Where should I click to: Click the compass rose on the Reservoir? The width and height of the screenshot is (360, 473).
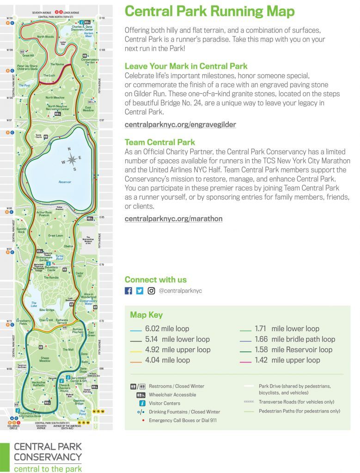pos(72,160)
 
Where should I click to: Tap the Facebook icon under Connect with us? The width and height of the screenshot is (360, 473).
pos(128,291)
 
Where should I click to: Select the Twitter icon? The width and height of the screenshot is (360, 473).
pos(140,291)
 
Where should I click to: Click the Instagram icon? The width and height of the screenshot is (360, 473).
pos(152,291)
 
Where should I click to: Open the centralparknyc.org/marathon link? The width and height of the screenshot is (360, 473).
pos(173,218)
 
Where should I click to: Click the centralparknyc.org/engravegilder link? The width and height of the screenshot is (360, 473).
pos(180,124)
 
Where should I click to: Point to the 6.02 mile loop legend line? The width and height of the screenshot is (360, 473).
pos(136,329)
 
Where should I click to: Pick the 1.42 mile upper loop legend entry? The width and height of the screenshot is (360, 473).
pos(287,360)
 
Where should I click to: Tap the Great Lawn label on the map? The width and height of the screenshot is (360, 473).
pos(55,236)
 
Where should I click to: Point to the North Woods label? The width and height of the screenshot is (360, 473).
pos(45,36)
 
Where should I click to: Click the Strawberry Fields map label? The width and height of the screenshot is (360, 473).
pos(23,322)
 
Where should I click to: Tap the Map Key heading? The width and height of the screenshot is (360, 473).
pos(146,315)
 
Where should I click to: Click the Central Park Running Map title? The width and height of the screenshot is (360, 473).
pos(210,11)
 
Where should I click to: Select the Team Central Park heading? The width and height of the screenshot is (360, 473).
pos(160,142)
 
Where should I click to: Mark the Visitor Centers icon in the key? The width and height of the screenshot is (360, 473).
pos(139,403)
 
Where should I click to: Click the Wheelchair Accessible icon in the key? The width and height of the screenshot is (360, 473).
pos(139,394)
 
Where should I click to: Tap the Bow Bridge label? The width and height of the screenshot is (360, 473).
pos(47,310)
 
